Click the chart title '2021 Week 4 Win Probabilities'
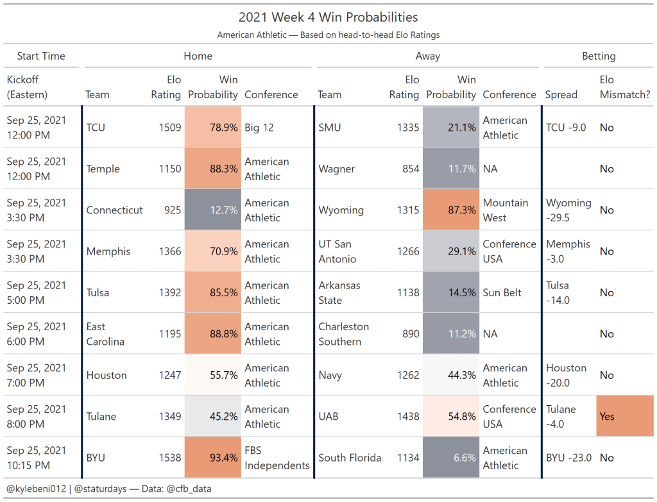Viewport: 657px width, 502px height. click(x=328, y=17)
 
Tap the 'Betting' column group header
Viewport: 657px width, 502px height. click(x=598, y=56)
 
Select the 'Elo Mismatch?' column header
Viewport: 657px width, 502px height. click(x=625, y=87)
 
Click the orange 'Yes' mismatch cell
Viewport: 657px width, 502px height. click(x=624, y=416)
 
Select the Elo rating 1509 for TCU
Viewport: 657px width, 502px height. click(x=170, y=128)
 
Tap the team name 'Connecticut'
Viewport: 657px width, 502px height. click(x=115, y=210)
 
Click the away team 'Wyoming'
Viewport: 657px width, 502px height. click(x=341, y=210)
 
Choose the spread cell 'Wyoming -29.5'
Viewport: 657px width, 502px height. click(x=568, y=210)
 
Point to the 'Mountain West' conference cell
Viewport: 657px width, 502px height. click(x=506, y=210)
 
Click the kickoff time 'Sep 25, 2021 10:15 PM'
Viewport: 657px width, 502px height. click(x=36, y=458)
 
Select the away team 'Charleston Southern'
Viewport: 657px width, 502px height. click(x=343, y=334)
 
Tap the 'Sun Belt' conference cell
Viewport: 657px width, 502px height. click(x=504, y=293)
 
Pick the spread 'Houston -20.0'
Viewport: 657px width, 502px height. click(x=566, y=375)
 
